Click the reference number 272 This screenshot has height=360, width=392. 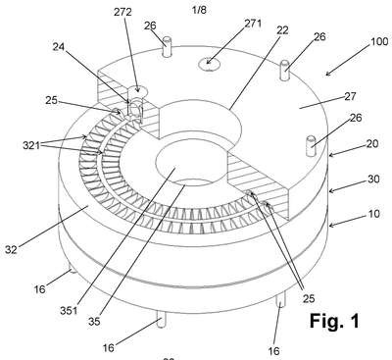(x=122, y=12)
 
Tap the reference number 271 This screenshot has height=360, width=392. (x=253, y=24)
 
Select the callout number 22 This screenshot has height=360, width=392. (x=282, y=30)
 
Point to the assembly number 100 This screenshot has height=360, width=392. (x=379, y=42)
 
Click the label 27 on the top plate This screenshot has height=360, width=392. (x=350, y=96)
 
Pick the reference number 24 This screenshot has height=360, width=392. (x=59, y=47)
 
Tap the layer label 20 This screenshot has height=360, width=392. (x=373, y=143)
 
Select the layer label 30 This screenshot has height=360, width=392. (x=373, y=179)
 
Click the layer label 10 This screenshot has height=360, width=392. (x=374, y=214)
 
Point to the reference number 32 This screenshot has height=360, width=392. (x=11, y=249)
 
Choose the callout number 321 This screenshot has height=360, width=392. (x=31, y=145)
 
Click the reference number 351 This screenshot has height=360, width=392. (x=69, y=310)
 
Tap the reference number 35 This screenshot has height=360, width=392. (x=94, y=322)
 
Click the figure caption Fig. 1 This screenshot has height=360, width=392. (x=334, y=321)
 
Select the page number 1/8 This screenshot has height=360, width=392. (x=199, y=10)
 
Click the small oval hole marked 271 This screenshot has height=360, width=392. (x=210, y=64)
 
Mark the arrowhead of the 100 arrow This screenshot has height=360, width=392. (x=327, y=75)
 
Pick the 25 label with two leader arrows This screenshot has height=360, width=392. (x=309, y=298)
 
